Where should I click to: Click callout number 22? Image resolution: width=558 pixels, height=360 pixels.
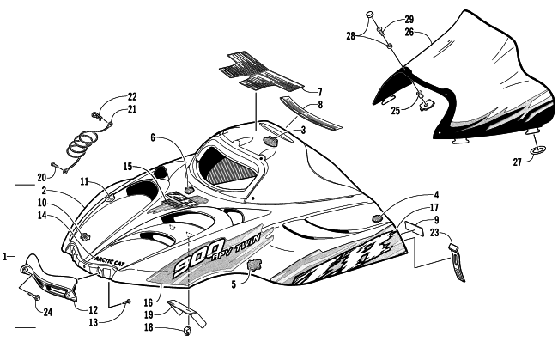131,96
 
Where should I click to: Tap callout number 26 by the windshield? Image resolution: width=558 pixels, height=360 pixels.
409,33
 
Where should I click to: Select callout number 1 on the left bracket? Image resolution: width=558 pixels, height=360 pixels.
6,256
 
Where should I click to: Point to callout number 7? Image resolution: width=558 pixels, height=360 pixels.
318,91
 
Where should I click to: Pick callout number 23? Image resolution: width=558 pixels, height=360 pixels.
435,232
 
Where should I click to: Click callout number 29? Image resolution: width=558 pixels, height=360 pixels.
409,19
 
